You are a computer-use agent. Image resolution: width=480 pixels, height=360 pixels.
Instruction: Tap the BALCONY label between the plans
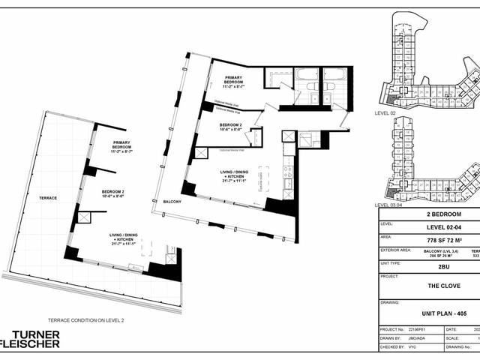point(173,202)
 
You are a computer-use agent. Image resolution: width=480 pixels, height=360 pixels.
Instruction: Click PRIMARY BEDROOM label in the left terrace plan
point(121,147)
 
